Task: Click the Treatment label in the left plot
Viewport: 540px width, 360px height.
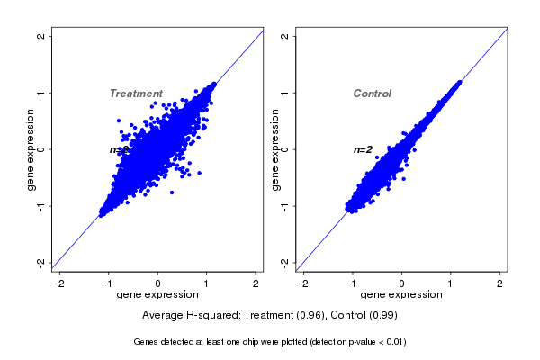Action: pyautogui.click(x=136, y=94)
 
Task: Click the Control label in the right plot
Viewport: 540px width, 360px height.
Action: pyautogui.click(x=372, y=94)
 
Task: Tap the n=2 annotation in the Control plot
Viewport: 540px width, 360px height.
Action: pyautogui.click(x=363, y=149)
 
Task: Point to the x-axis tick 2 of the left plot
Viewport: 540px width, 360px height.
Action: pyautogui.click(x=256, y=283)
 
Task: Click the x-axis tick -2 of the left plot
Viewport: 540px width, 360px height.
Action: pyautogui.click(x=59, y=283)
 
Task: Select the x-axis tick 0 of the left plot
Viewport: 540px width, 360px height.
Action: pyautogui.click(x=158, y=283)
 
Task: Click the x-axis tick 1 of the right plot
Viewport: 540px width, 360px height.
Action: pyautogui.click(x=451, y=283)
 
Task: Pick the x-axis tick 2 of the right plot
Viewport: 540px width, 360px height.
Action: pyautogui.click(x=500, y=283)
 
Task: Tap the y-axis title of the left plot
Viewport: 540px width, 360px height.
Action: pyautogui.click(x=31, y=149)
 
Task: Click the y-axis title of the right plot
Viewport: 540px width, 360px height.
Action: pyautogui.click(x=275, y=149)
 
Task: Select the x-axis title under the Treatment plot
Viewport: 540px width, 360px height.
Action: pyautogui.click(x=158, y=295)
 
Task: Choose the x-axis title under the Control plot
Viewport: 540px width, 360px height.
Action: pyautogui.click(x=401, y=295)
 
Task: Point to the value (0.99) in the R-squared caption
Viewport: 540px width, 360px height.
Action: pyautogui.click(x=382, y=316)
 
